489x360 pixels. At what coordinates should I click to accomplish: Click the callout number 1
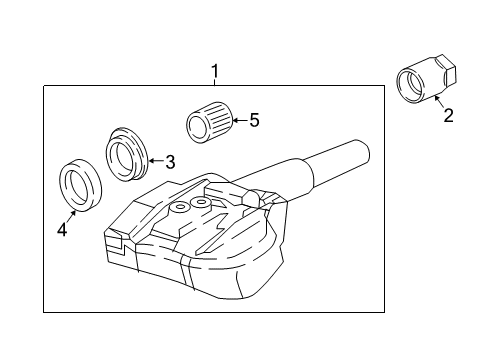click(215, 71)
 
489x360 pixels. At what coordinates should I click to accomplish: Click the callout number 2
click(448, 116)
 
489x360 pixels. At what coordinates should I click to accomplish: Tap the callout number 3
click(170, 162)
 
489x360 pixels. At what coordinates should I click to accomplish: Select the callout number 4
click(62, 230)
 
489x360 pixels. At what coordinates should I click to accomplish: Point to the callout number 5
click(254, 120)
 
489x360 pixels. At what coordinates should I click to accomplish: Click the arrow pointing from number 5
click(240, 120)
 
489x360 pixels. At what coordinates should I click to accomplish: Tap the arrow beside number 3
click(156, 161)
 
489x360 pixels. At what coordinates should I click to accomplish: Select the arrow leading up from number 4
click(70, 216)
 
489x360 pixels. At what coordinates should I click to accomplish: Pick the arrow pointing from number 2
click(440, 101)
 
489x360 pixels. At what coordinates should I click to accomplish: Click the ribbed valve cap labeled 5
click(209, 122)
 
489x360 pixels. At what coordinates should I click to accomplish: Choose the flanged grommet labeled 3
click(127, 154)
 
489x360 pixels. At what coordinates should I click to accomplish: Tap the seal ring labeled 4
click(80, 185)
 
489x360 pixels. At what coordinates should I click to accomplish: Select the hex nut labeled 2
click(427, 78)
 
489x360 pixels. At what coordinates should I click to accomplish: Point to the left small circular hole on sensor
click(180, 207)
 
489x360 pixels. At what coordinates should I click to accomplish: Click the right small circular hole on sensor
click(201, 202)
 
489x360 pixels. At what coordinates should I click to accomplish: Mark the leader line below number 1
click(215, 82)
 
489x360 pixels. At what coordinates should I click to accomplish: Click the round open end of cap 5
click(196, 128)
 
